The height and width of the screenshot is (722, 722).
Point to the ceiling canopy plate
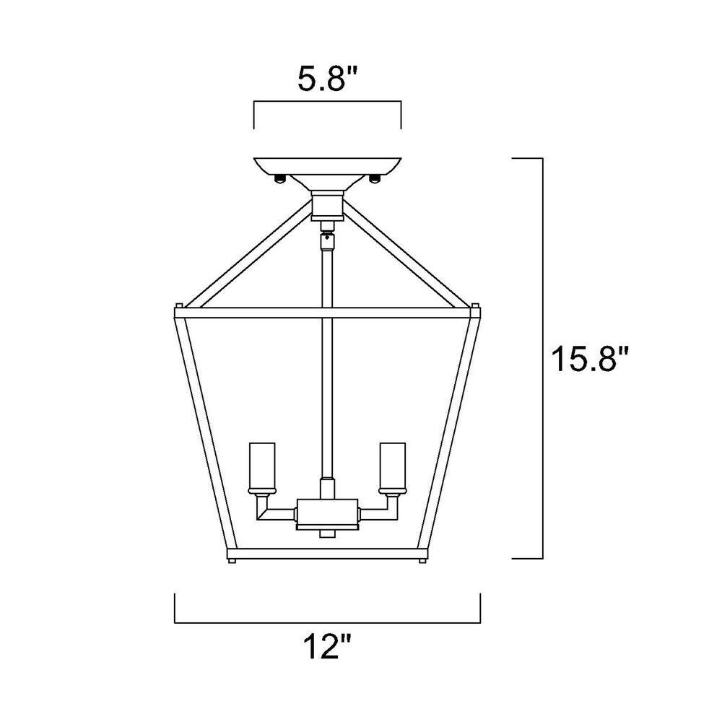(327, 166)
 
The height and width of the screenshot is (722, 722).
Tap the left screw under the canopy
(282, 178)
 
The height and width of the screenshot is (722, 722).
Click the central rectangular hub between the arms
(326, 514)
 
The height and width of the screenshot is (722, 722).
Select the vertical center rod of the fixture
(326, 361)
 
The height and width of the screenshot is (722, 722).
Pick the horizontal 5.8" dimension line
(327, 103)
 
